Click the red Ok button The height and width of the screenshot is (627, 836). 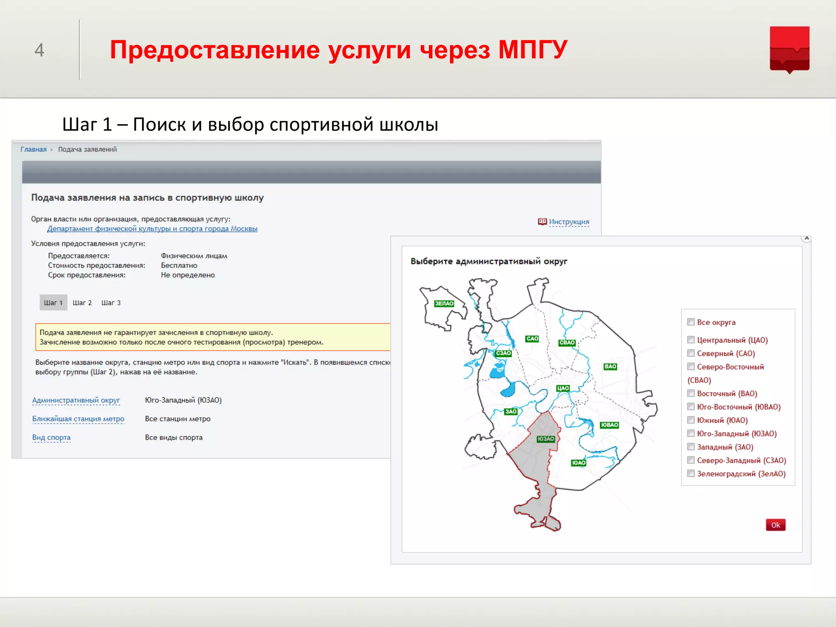coord(775,525)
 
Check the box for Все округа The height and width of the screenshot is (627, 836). coord(691,322)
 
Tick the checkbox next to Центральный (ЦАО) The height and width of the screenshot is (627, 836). coord(691,340)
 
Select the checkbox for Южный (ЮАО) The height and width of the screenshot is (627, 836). coord(691,420)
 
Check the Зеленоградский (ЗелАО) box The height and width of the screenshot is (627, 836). coord(691,474)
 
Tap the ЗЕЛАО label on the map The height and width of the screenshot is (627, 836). coord(444,304)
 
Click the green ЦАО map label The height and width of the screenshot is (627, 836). coord(563,388)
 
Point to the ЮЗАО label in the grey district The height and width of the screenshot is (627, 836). coord(545,439)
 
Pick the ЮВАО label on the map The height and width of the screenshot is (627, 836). coord(609,425)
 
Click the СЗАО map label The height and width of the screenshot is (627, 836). coord(503,354)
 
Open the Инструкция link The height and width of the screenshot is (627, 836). coord(569,222)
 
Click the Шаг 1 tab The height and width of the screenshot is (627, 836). coord(53,303)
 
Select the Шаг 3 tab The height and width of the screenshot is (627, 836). coord(111,303)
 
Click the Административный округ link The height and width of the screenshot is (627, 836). coord(76,400)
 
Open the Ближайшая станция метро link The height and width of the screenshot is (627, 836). coord(78,419)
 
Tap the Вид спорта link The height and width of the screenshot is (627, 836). coord(51,438)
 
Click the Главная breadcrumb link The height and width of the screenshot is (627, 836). coord(33,149)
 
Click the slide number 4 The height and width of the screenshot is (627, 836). coord(39,50)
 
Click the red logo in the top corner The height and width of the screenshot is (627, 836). coord(789,49)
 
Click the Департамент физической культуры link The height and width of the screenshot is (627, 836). coord(152,229)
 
